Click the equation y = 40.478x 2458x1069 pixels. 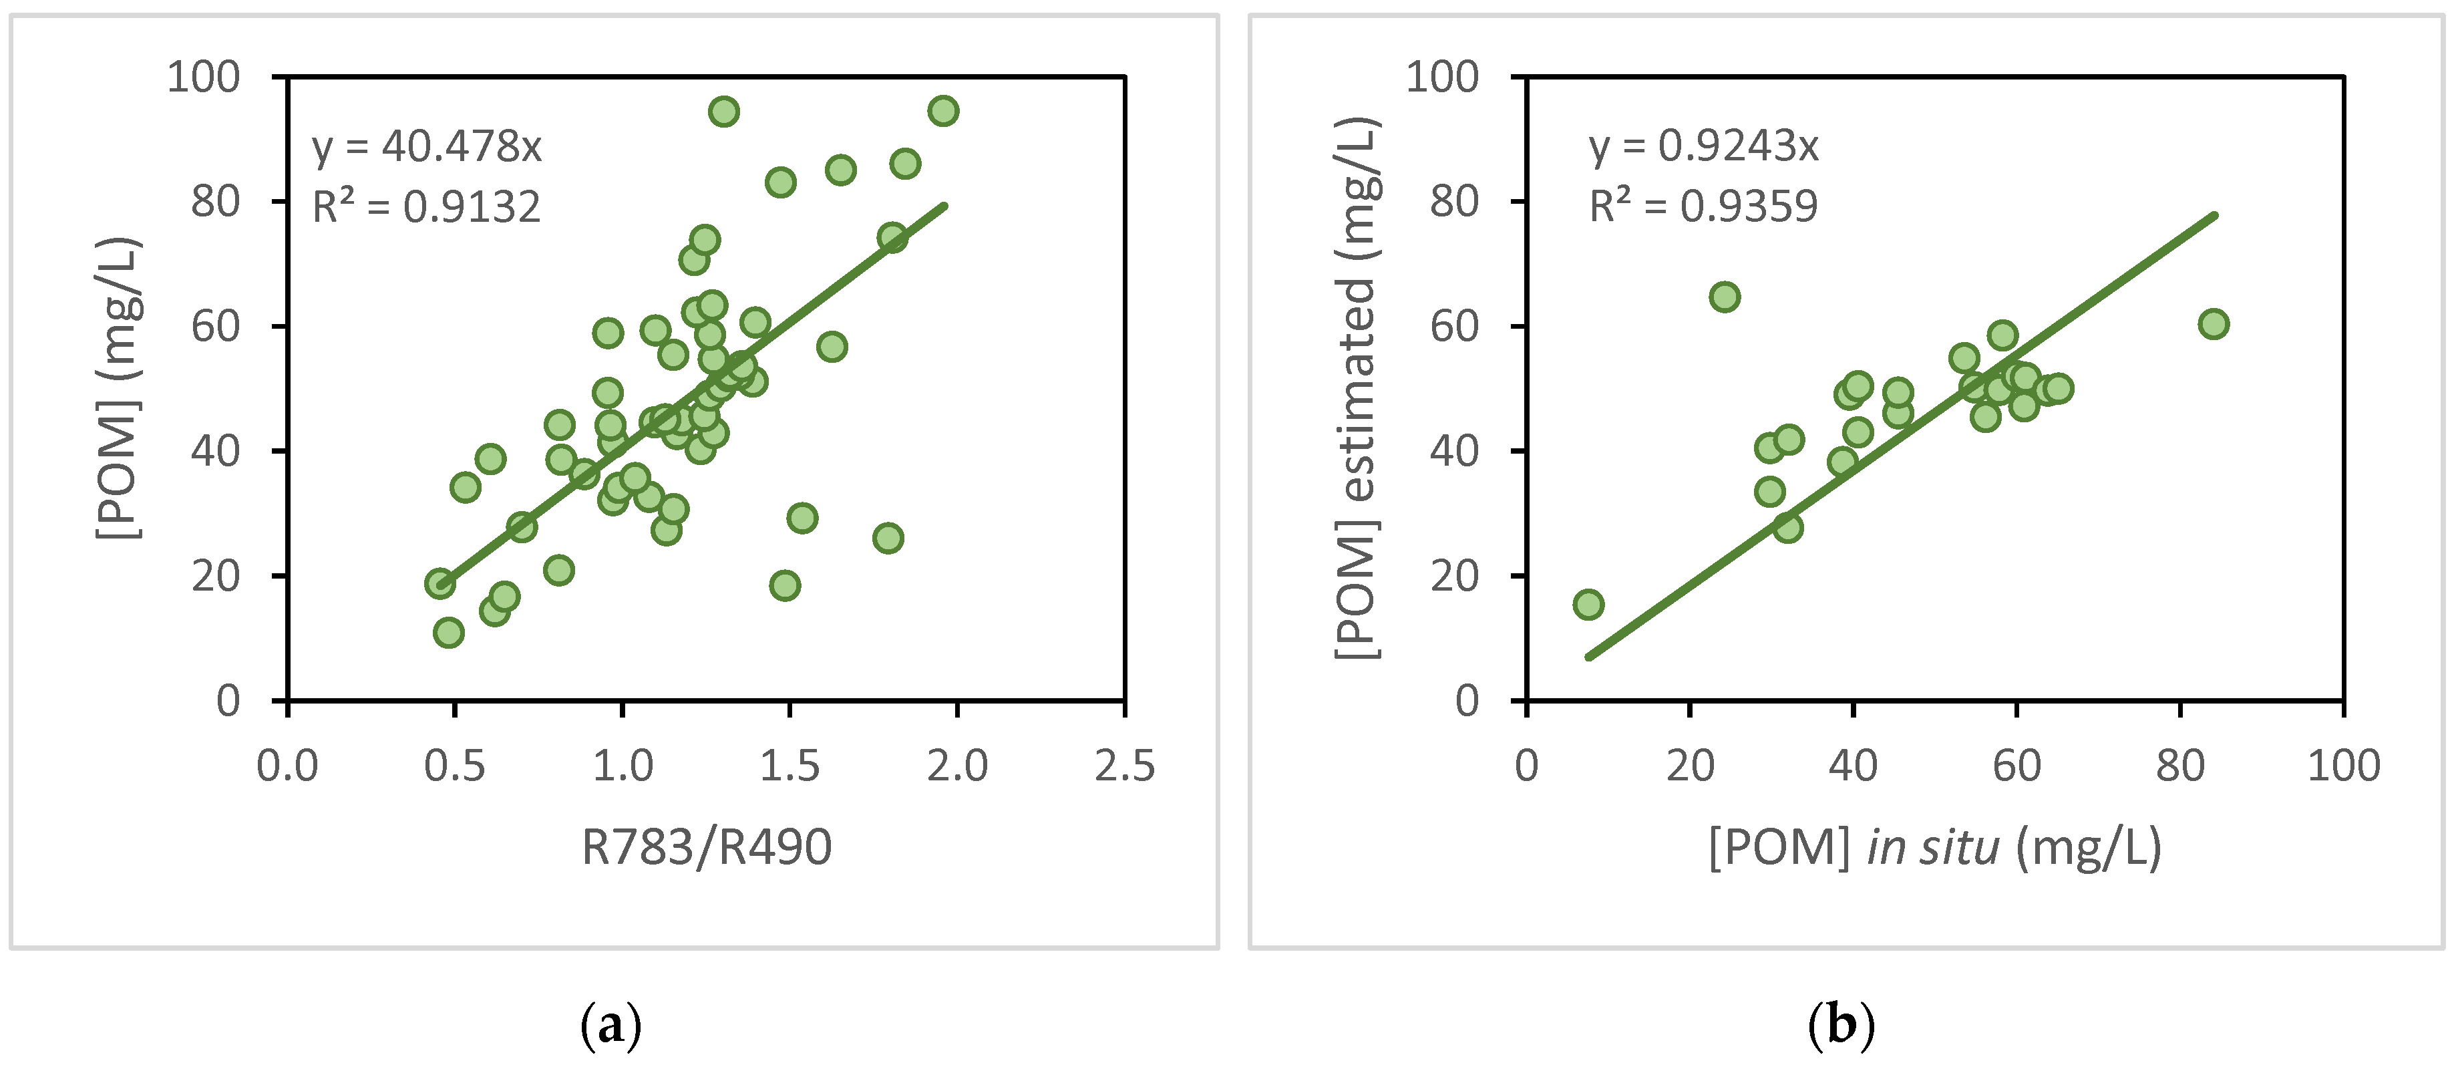427,147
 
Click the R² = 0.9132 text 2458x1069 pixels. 427,207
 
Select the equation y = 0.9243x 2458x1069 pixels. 1703,146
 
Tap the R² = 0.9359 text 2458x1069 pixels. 1703,206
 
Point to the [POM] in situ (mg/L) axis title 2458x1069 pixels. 1934,847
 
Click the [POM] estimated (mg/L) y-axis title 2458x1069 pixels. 1357,388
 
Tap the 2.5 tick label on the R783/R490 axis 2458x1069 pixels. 1124,766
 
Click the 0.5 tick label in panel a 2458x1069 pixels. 454,766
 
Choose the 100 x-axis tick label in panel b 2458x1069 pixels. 2344,766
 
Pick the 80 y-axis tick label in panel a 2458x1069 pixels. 214,201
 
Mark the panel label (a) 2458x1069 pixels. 610,1026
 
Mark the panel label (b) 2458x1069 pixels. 1841,1026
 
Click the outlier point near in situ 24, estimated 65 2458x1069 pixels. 1724,297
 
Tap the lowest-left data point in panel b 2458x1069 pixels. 1588,604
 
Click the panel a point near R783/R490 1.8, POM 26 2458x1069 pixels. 888,539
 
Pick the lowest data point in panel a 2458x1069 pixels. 448,633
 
